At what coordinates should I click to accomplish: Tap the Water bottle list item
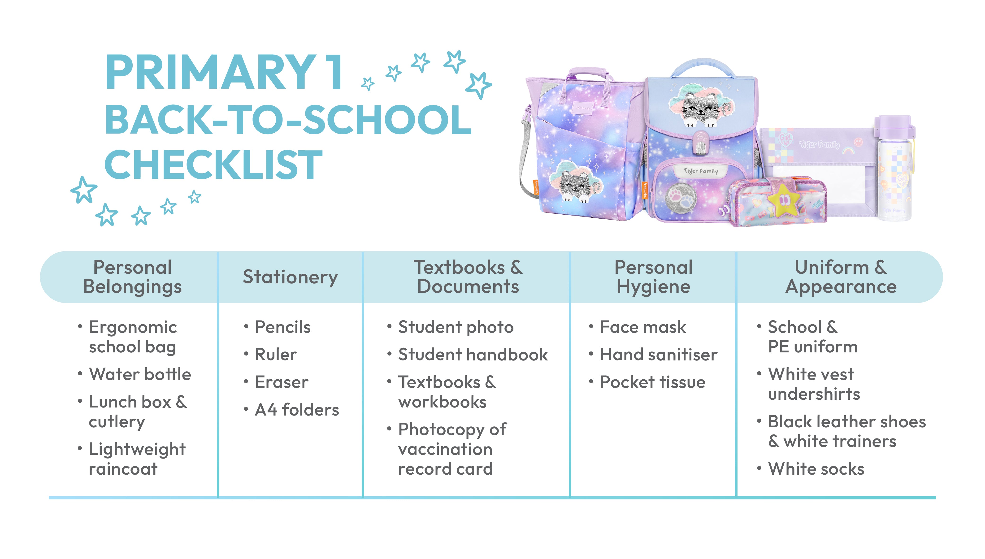[x=140, y=374]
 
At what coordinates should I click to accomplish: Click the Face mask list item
[x=642, y=327]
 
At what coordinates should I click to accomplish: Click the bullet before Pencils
[x=246, y=327]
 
